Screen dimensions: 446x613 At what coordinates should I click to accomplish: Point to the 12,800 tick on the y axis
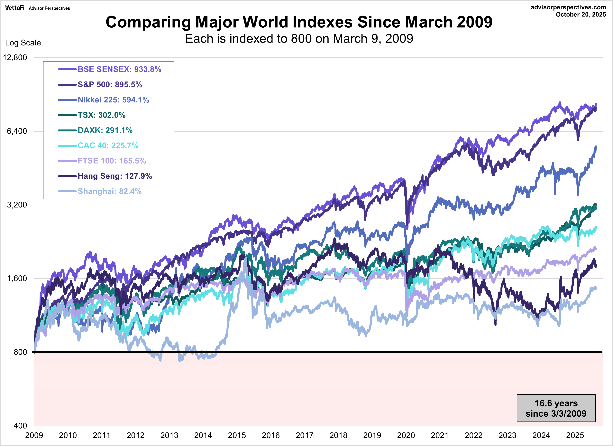15,58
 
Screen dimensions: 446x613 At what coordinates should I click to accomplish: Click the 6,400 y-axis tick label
17,131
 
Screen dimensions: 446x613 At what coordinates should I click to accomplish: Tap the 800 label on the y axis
20,352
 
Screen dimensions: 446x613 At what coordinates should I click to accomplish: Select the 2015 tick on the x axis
237,435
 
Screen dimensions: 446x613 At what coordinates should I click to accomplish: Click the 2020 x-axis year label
406,435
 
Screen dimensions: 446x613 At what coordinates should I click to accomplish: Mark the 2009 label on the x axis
34,435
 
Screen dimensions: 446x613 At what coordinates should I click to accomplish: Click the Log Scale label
23,43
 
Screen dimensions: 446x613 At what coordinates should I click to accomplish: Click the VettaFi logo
15,8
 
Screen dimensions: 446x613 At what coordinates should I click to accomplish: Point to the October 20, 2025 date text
581,15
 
